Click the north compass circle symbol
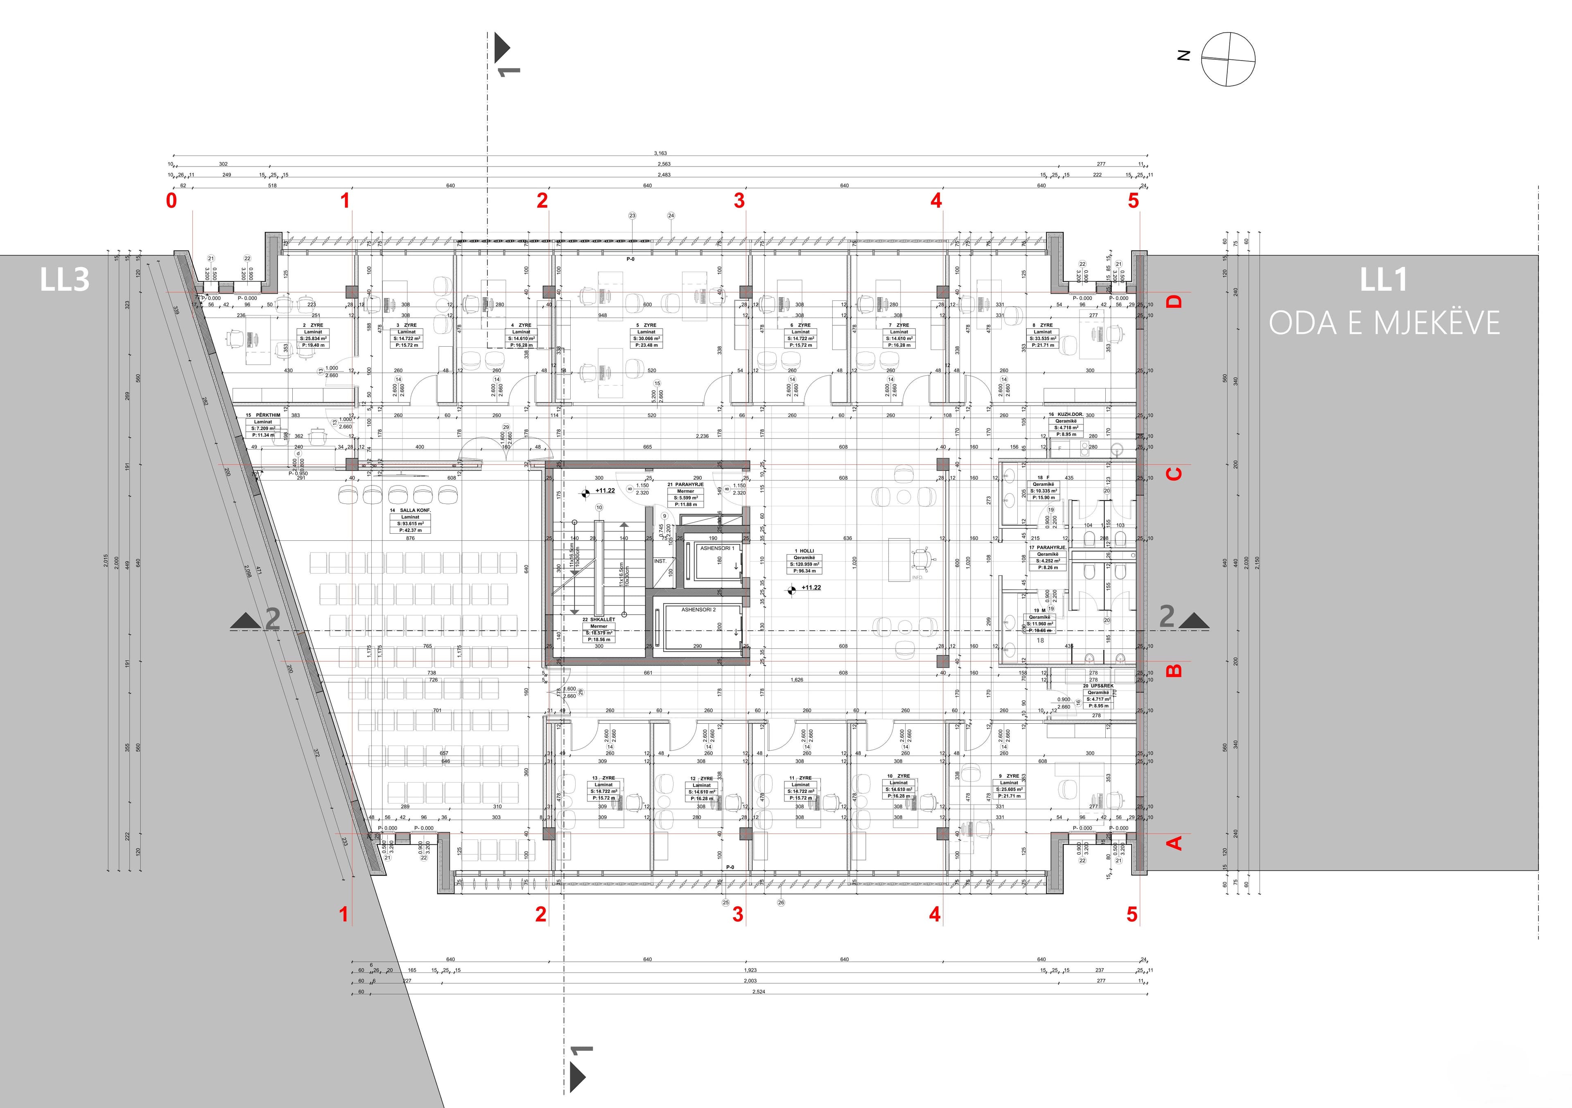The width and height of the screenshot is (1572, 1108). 1228,59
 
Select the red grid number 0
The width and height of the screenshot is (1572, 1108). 171,201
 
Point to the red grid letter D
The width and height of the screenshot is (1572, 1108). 1174,301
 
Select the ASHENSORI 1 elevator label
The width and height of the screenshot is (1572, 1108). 717,548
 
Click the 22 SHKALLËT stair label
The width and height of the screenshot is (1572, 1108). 599,619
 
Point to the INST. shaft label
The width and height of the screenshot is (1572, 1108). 660,561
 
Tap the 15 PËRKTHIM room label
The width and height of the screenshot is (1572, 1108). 263,415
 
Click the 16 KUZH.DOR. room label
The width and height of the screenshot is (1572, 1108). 1065,415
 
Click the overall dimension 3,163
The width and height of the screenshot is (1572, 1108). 660,153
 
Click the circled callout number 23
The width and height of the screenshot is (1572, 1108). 632,216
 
